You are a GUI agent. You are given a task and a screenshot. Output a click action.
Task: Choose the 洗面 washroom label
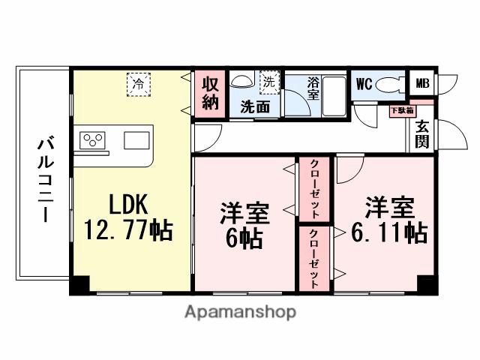click(255, 106)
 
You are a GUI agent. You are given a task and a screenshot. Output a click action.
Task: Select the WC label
click(364, 83)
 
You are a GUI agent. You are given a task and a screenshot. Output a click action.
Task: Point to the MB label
click(423, 83)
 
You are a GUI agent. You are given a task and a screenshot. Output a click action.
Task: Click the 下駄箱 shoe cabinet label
click(399, 111)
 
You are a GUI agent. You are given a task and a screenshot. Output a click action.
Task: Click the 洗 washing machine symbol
click(268, 80)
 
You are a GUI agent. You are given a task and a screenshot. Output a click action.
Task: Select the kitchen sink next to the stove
click(136, 140)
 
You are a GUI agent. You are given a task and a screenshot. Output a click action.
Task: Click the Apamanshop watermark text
click(240, 312)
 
